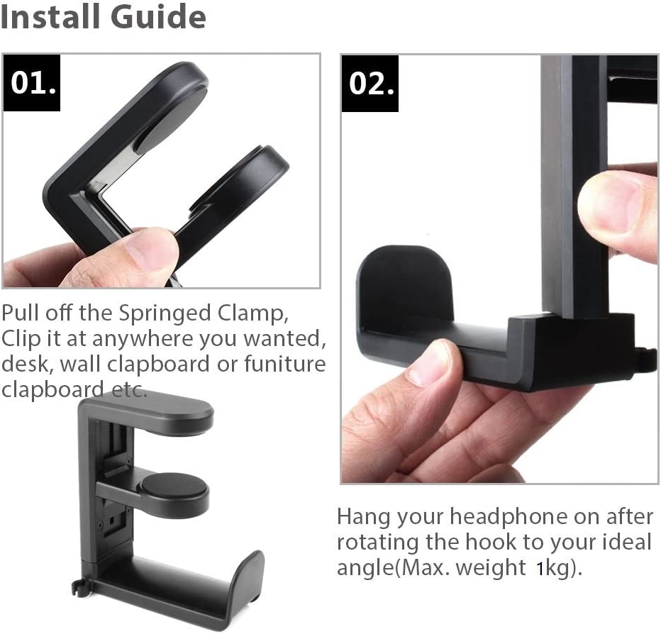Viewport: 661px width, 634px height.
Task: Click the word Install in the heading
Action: point(48,17)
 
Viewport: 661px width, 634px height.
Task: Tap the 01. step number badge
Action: point(33,84)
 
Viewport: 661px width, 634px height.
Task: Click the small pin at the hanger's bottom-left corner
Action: point(76,586)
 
